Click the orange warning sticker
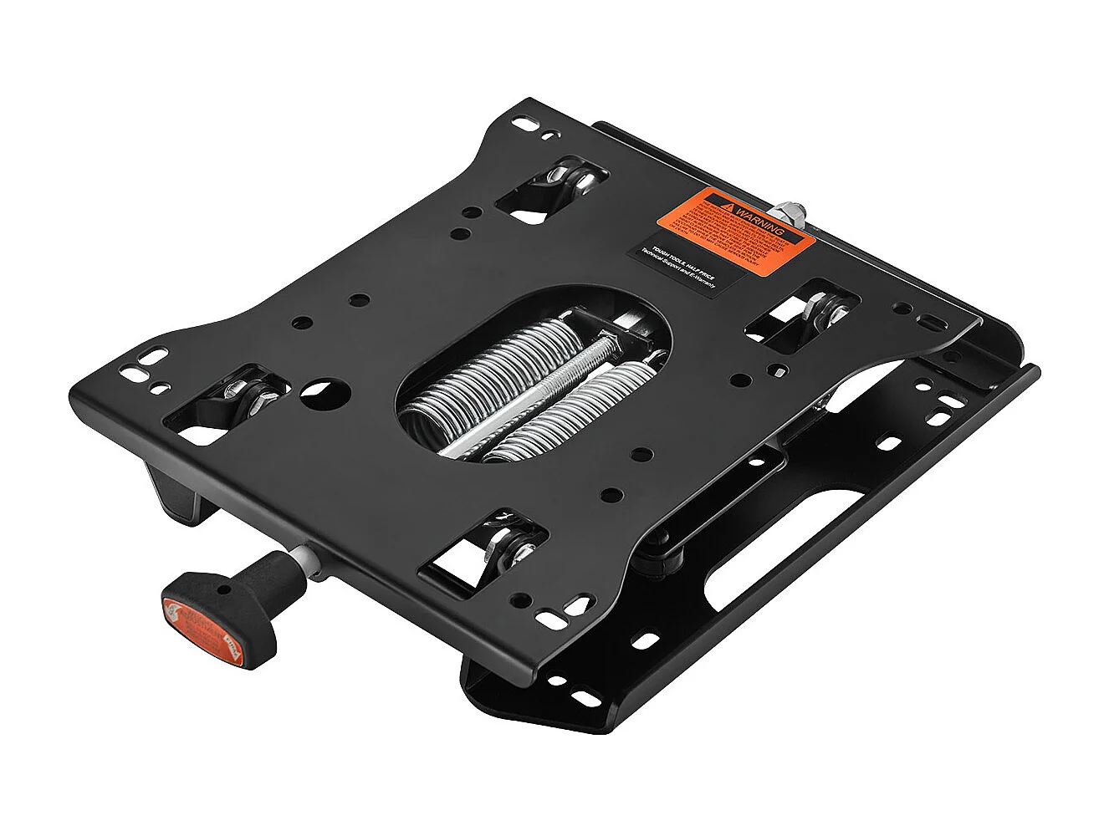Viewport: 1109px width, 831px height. coord(735,226)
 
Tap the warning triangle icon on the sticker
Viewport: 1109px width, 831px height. coord(729,203)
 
